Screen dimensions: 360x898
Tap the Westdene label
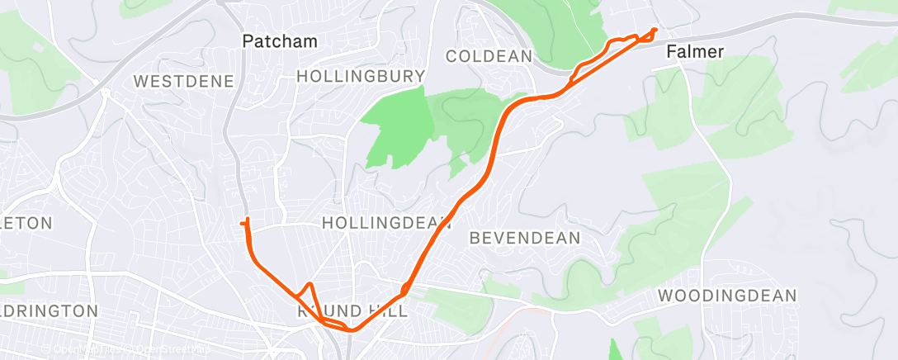click(183, 81)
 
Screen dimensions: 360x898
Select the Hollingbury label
click(361, 76)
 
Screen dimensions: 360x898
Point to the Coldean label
click(488, 56)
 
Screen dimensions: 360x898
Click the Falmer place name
click(695, 52)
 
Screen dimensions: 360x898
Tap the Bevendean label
click(524, 238)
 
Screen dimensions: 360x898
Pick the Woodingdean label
click(727, 296)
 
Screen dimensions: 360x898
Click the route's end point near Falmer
click(655, 31)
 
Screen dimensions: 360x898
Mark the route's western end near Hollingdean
click(241, 223)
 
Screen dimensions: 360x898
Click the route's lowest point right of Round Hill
click(351, 330)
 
